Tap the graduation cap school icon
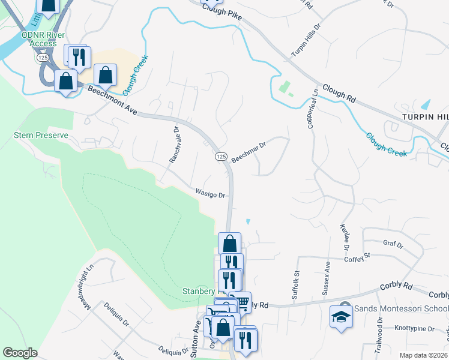coord(341,316)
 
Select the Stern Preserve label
coord(41,136)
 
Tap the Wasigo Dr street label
coord(209,194)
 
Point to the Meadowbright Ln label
coord(83,288)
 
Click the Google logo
coord(20,352)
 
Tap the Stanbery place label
coord(198,292)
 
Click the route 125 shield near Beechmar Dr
coord(220,156)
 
